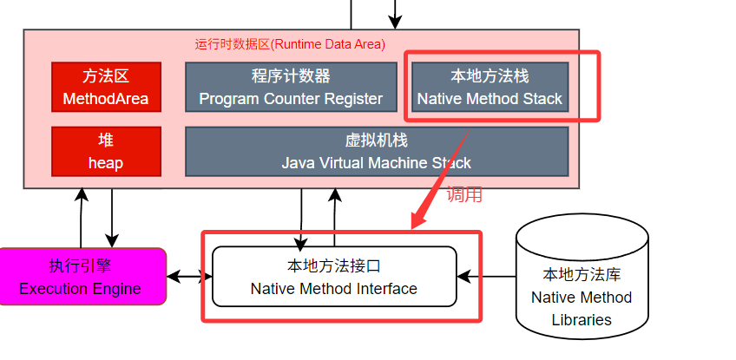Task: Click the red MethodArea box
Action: tap(106, 87)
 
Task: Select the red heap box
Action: tap(106, 151)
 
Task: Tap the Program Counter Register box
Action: tap(291, 87)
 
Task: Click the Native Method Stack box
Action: tap(490, 87)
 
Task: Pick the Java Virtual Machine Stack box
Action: tap(377, 151)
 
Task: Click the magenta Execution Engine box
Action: tap(81, 277)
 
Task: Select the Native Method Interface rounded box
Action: tap(334, 276)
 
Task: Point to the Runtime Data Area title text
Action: tap(291, 43)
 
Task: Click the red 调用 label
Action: tap(464, 195)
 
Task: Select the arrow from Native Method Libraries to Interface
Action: tap(486, 278)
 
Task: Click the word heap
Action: tap(106, 162)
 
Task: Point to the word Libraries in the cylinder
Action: tap(582, 319)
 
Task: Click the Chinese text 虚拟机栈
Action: tap(377, 141)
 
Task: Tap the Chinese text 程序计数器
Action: tap(291, 76)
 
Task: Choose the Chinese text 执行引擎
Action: tap(81, 266)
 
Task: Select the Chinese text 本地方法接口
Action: tap(334, 265)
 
